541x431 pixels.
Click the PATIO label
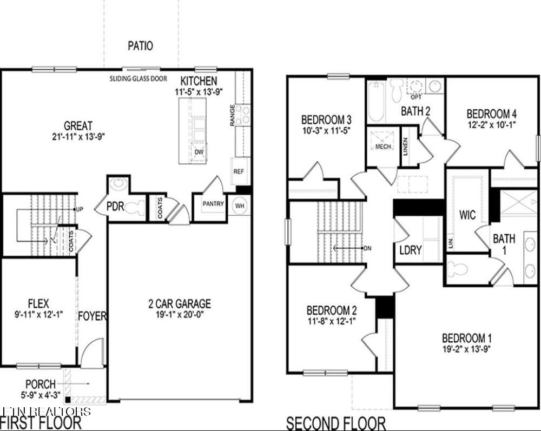140,46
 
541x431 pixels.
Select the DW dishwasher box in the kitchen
199,152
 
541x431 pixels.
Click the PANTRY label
213,204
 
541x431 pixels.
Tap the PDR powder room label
115,205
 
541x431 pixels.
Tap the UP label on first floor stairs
80,209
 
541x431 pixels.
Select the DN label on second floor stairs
368,248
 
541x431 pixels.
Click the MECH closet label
383,147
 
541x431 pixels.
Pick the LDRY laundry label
410,250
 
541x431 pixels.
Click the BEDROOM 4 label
491,114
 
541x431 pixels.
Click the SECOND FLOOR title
335,422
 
